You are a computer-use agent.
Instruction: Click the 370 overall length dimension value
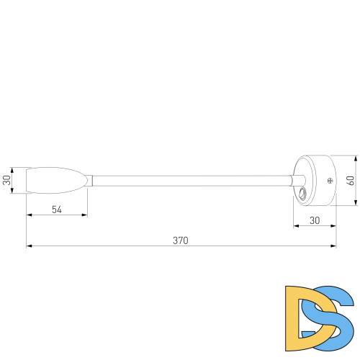(180, 240)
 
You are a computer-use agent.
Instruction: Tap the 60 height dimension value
(351, 181)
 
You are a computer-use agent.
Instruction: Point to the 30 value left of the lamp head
(6, 180)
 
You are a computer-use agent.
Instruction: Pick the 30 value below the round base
(315, 220)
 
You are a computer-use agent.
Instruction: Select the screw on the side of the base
(330, 180)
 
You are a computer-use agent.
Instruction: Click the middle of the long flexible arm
(191, 179)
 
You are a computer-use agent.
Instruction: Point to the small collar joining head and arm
(90, 180)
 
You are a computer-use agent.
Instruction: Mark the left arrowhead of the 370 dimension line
(29, 247)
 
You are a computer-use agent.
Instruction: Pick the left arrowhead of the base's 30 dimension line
(296, 226)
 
